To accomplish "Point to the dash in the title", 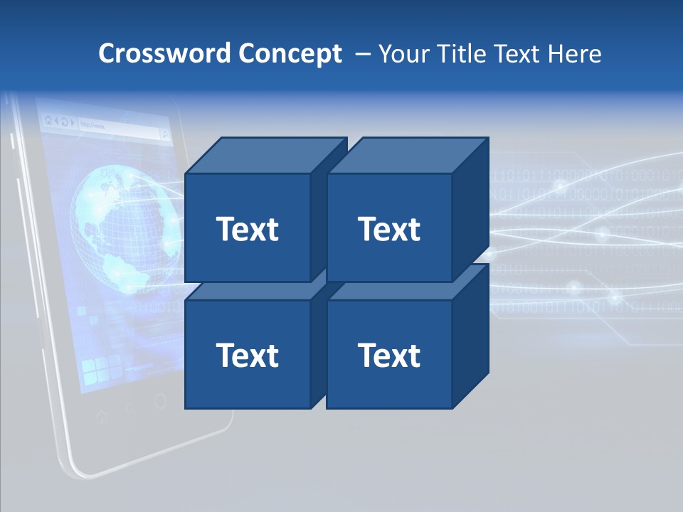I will click(x=361, y=54).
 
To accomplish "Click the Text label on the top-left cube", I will click(x=247, y=229).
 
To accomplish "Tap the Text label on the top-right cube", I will click(x=389, y=229).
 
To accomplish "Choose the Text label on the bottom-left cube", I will click(x=247, y=355).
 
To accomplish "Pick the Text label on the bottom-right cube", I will click(x=389, y=355).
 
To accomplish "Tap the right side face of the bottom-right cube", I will click(x=471, y=338).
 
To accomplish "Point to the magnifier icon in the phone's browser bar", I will click(x=163, y=133).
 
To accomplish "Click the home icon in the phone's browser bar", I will click(x=48, y=121).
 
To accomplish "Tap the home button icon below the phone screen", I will click(x=100, y=415).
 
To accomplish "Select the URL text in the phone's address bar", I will click(x=92, y=126).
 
